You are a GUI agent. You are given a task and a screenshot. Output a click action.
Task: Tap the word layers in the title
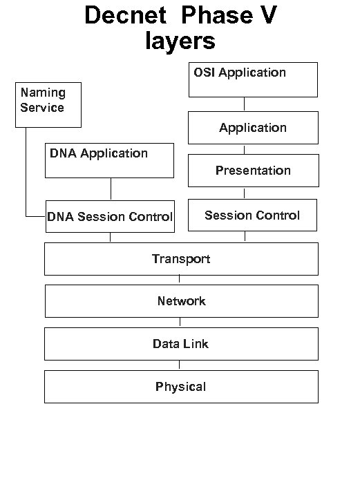click(180, 41)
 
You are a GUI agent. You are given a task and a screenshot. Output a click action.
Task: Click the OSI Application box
click(253, 79)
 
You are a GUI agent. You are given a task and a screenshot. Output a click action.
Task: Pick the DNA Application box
click(109, 160)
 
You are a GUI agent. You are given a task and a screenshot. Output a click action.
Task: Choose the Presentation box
click(254, 171)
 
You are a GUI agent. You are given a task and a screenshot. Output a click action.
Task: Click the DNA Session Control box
click(110, 216)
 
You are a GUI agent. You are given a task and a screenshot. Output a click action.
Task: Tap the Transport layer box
click(181, 259)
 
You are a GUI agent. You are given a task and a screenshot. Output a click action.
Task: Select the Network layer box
click(181, 301)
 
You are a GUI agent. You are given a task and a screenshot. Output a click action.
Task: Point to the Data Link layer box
click(181, 344)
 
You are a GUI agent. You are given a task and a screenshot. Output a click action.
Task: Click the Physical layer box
click(181, 387)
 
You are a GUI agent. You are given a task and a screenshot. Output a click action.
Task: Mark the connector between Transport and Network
click(180, 280)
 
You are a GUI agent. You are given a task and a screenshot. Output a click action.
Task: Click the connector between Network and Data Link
click(180, 323)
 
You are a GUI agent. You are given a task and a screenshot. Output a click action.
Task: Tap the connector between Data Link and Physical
click(180, 365)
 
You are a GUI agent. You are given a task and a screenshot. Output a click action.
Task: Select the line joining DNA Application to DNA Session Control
click(111, 189)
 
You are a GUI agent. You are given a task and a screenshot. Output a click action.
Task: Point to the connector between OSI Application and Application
click(245, 104)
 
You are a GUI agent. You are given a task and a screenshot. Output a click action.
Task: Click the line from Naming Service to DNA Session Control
click(26, 173)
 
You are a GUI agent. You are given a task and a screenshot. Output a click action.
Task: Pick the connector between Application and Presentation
click(245, 148)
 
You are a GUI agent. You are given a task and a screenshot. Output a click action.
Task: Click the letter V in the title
click(266, 17)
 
